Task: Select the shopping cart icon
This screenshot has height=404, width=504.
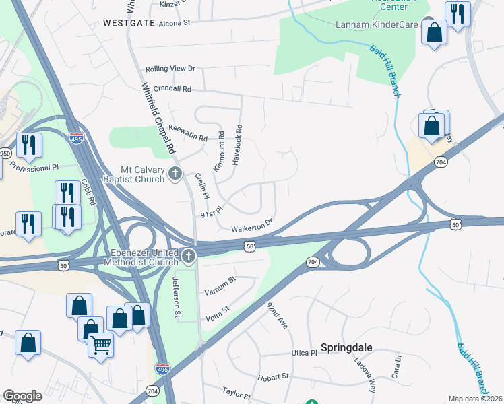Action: [x=101, y=345]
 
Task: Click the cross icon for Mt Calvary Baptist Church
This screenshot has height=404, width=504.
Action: [x=175, y=174]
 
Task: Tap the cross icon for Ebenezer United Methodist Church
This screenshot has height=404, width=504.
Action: [x=189, y=256]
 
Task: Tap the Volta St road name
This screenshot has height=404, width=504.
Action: [x=216, y=310]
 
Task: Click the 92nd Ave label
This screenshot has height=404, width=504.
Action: [x=277, y=315]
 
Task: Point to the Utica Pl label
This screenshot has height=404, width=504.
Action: [x=305, y=353]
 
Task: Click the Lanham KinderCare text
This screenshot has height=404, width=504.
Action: [x=377, y=25]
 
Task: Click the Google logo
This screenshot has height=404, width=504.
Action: [x=22, y=396]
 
